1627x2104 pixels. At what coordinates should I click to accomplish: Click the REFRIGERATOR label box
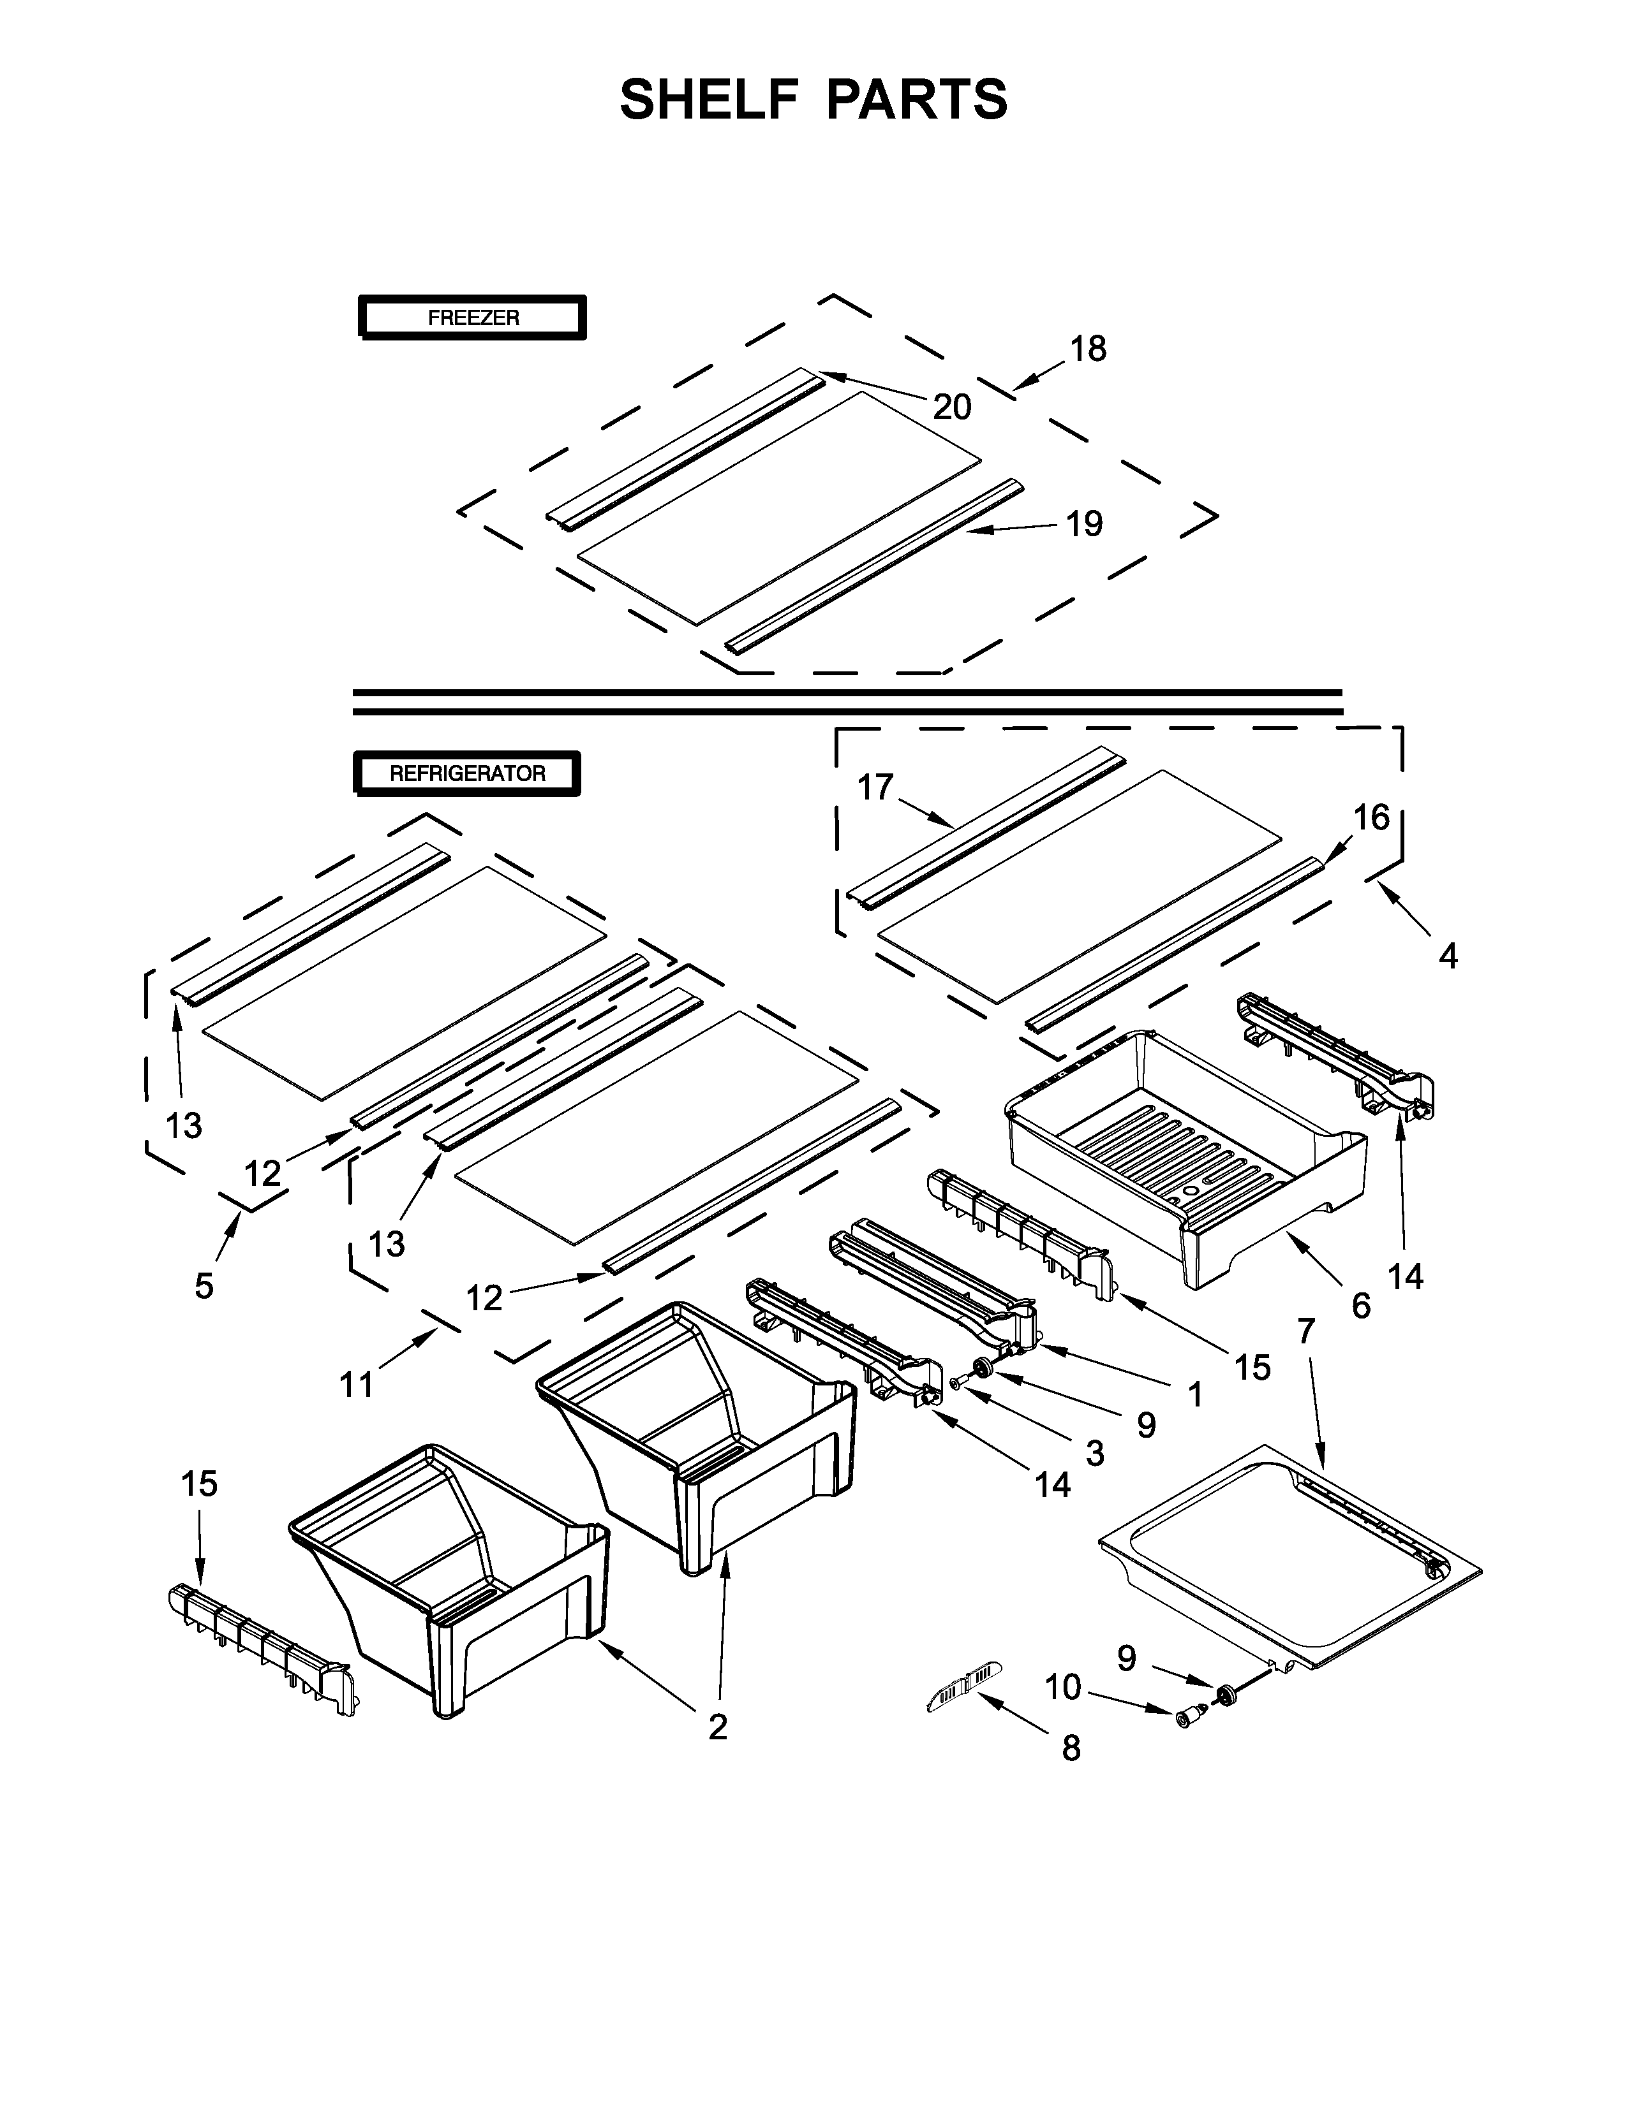468,773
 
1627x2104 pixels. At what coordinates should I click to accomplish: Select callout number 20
953,407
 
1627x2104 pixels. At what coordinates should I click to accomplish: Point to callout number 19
1084,524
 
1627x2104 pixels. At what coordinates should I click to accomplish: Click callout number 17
875,788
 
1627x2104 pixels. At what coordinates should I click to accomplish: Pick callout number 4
1448,956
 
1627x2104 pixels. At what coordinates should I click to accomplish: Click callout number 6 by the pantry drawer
1361,1306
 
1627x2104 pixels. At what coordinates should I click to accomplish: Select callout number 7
1306,1331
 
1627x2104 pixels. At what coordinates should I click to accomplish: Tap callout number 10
1063,1687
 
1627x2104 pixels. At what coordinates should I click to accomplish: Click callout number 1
1195,1394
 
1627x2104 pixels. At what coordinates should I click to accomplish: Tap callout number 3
1095,1454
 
